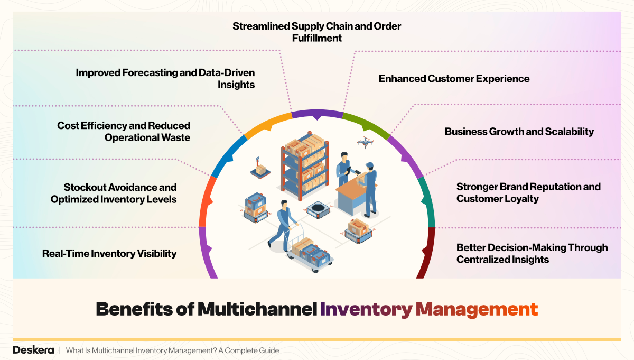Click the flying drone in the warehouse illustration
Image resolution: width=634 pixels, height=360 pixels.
[365, 142]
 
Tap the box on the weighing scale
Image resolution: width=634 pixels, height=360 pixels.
[260, 169]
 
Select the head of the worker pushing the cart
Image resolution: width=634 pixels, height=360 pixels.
[284, 204]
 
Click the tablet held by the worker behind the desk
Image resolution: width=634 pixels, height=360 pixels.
[349, 170]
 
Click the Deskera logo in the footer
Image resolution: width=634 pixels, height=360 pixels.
[33, 350]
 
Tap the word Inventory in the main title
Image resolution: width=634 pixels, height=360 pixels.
[366, 309]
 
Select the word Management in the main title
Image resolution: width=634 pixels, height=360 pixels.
[477, 309]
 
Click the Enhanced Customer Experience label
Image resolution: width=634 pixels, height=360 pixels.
[454, 79]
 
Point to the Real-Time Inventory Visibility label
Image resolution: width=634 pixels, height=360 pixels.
[109, 254]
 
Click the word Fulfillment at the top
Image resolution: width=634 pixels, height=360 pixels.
[317, 38]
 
